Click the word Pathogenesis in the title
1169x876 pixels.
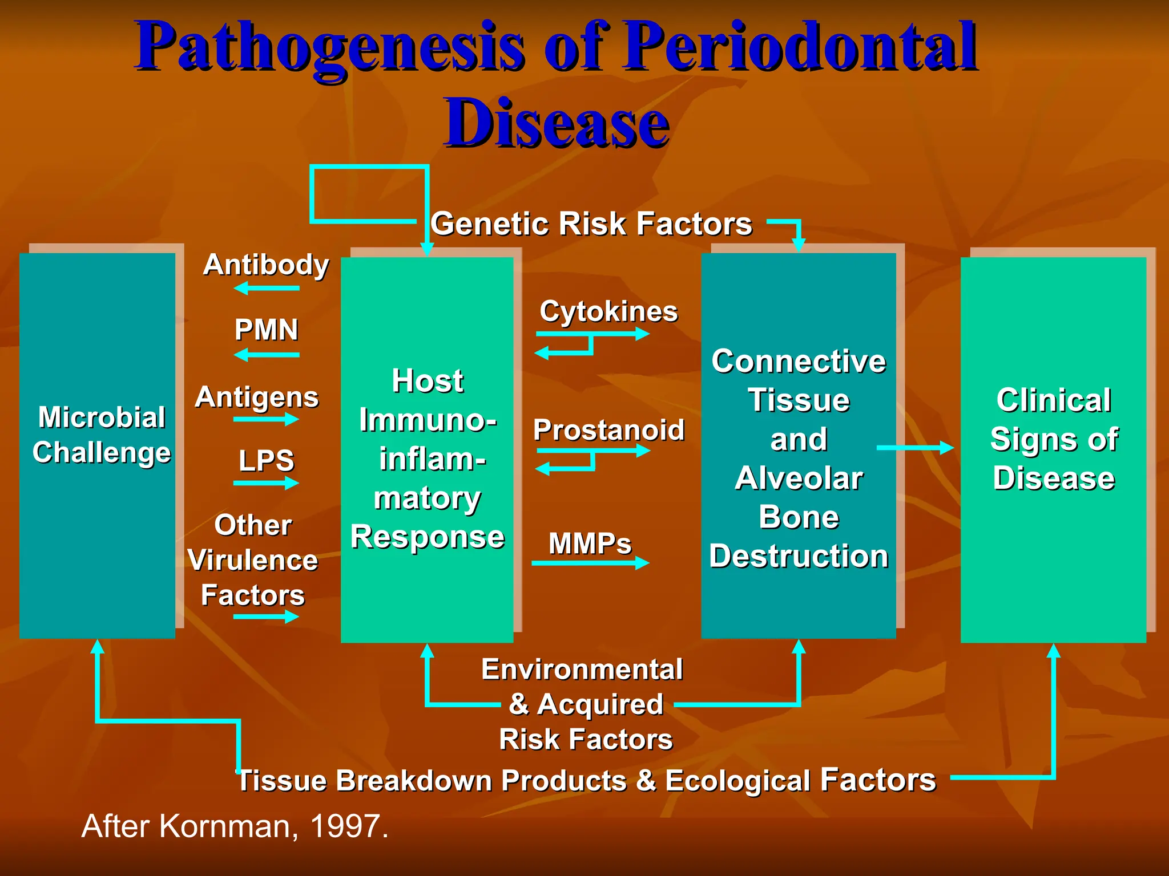[x=330, y=47]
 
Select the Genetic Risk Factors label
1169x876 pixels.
[x=591, y=224]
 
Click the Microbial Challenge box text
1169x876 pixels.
[x=102, y=435]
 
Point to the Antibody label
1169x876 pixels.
[x=266, y=265]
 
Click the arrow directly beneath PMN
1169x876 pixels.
[x=267, y=355]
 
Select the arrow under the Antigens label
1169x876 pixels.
[x=266, y=420]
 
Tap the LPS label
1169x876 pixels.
[x=266, y=460]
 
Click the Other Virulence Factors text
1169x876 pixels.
[x=252, y=560]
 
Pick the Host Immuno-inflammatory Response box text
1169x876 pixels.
[x=428, y=459]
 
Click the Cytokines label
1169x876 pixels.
[x=608, y=311]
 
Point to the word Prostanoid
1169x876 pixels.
[x=608, y=430]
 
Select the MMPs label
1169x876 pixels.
[x=590, y=543]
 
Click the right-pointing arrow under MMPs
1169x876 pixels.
[x=590, y=563]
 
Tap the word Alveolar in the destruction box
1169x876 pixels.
[x=799, y=478]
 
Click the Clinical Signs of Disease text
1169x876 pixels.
[x=1054, y=439]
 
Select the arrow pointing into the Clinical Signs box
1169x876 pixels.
[x=915, y=448]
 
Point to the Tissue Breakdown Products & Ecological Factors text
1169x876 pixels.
[x=587, y=780]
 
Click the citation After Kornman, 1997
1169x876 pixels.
[x=235, y=826]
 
